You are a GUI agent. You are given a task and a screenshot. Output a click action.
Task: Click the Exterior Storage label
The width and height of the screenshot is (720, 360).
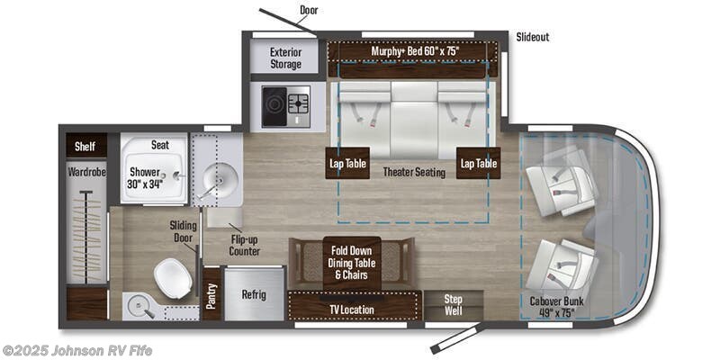[286, 58]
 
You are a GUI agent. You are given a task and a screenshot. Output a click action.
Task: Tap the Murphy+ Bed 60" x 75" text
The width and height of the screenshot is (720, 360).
[415, 51]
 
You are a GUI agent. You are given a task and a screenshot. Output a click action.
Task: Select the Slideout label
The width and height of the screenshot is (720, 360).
[533, 37]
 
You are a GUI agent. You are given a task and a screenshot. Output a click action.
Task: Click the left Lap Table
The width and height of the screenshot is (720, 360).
[346, 163]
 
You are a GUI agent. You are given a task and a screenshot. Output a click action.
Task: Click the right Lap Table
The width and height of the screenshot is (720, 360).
[478, 163]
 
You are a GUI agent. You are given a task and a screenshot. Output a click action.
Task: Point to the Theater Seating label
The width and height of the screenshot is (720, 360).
[414, 172]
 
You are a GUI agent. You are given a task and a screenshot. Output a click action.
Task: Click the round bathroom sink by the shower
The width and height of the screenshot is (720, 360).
[215, 181]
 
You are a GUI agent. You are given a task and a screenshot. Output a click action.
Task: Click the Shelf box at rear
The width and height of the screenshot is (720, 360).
[85, 147]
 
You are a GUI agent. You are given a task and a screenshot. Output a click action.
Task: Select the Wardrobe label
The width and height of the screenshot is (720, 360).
[87, 171]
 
